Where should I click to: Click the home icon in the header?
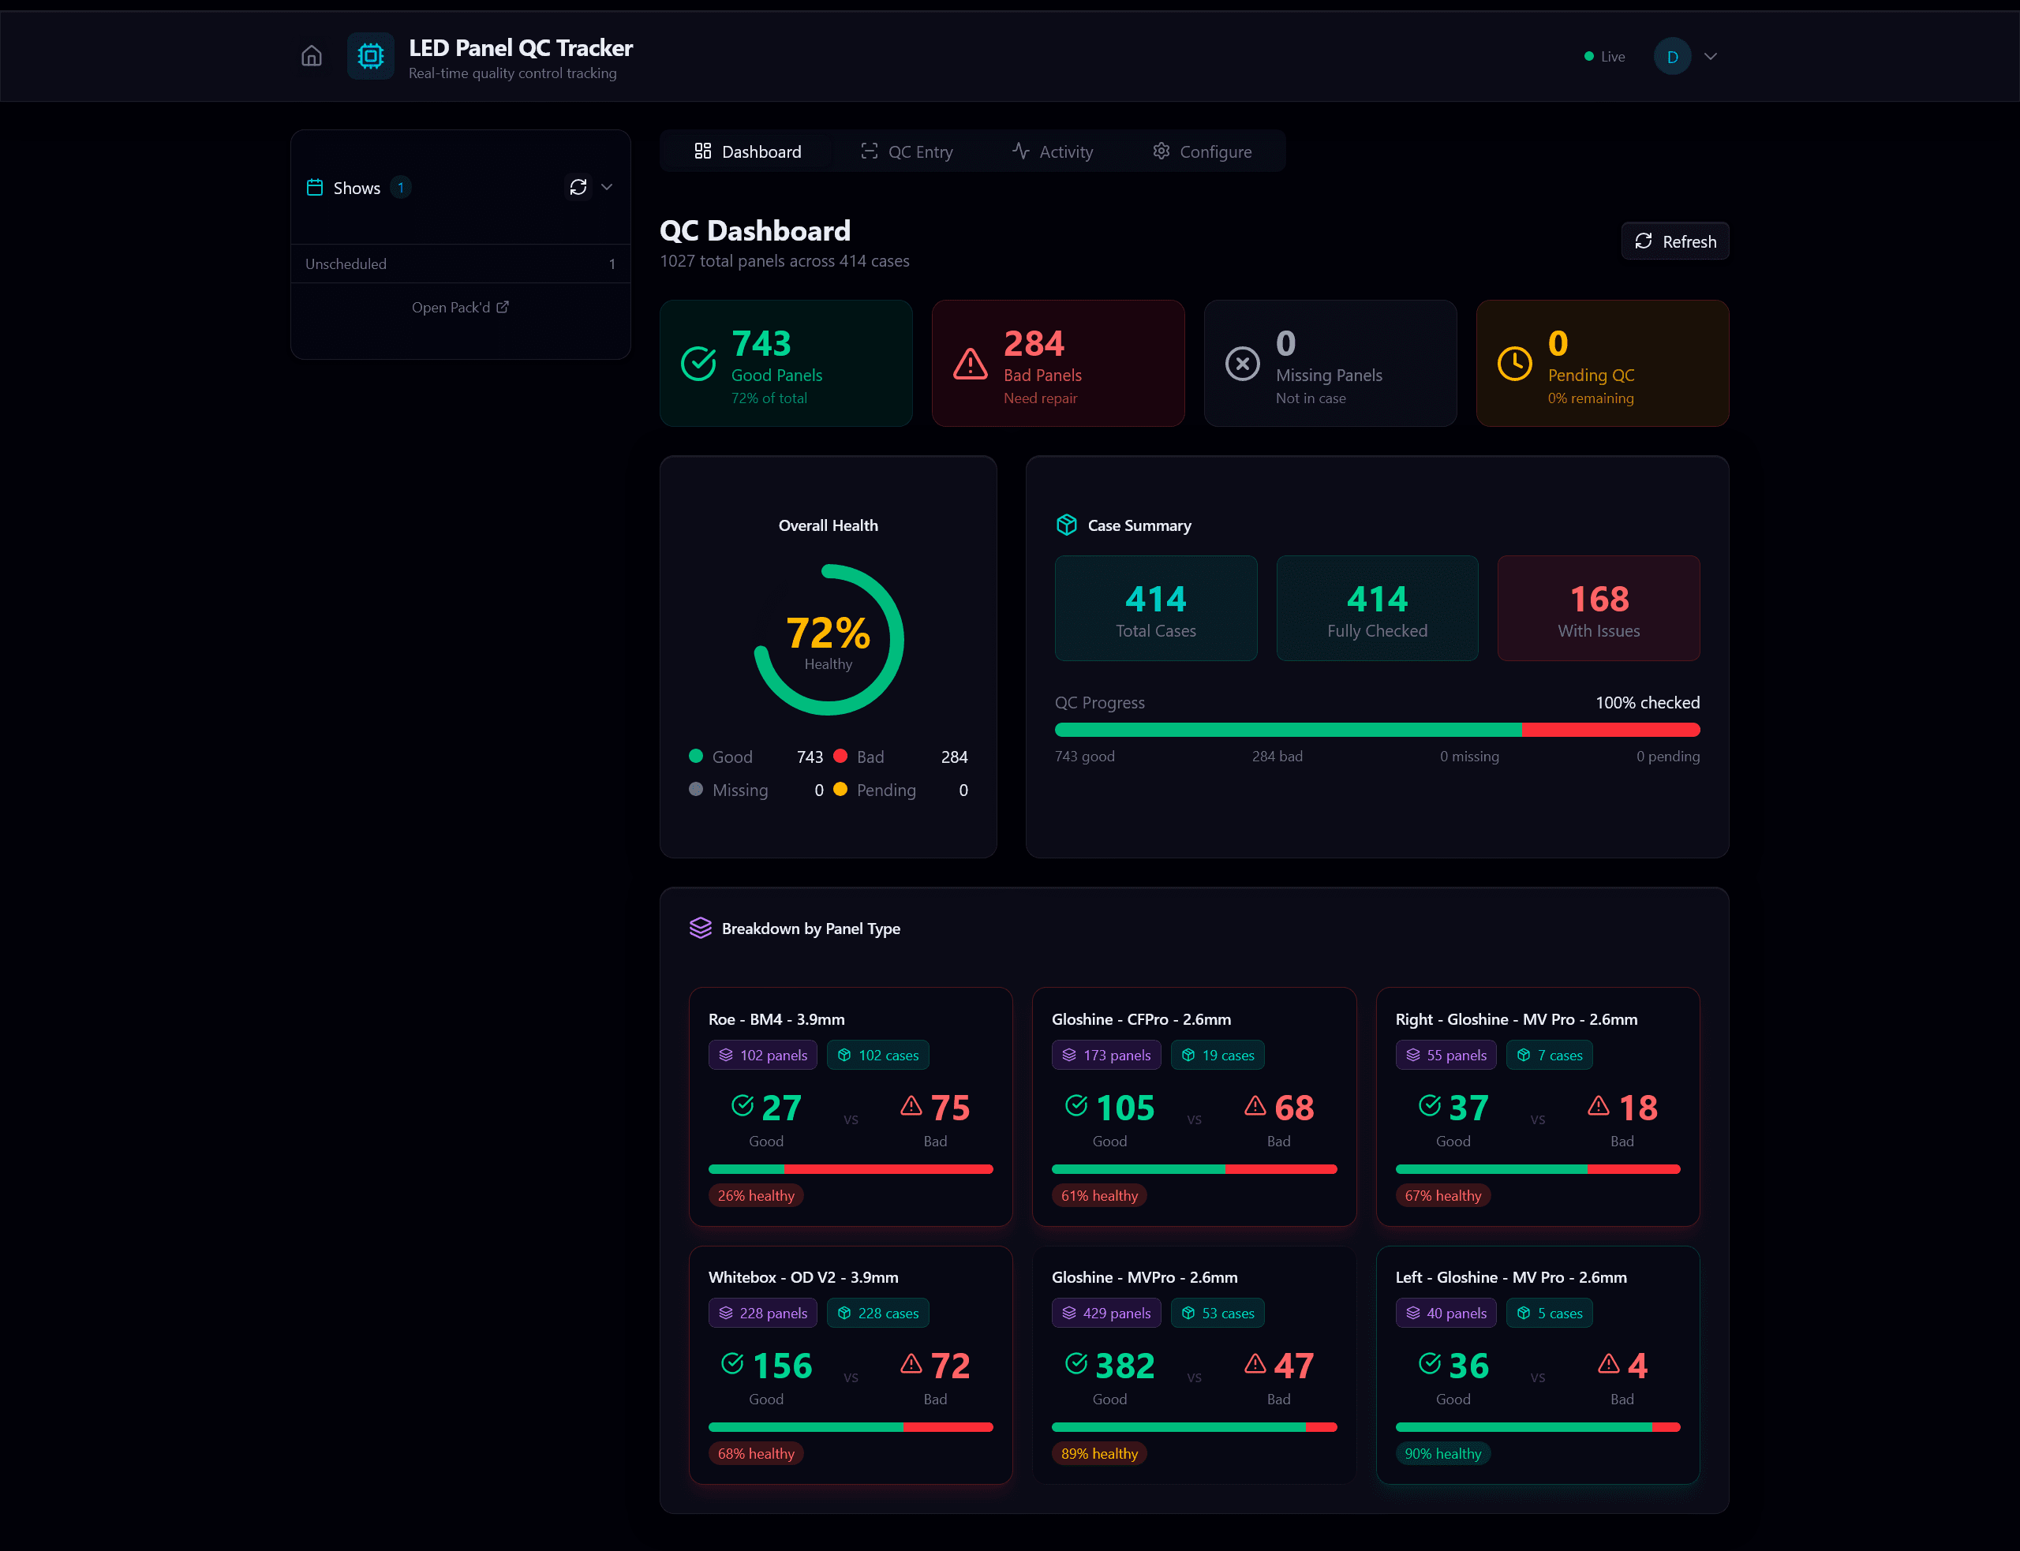click(x=311, y=56)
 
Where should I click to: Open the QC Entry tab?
click(x=907, y=151)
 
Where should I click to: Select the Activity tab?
click(x=1053, y=151)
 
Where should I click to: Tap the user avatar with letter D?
click(x=1672, y=56)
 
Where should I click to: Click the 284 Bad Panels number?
click(x=1034, y=343)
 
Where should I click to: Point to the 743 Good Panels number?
click(x=761, y=343)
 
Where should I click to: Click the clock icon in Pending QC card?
click(x=1514, y=363)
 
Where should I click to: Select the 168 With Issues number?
click(x=1599, y=599)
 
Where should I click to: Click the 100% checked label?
click(x=1647, y=703)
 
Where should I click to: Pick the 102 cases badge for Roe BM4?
click(x=878, y=1056)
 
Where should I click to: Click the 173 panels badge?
click(x=1106, y=1056)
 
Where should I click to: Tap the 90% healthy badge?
click(x=1442, y=1454)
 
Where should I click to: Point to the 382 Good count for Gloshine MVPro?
click(x=1124, y=1366)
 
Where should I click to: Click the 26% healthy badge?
click(x=755, y=1195)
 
